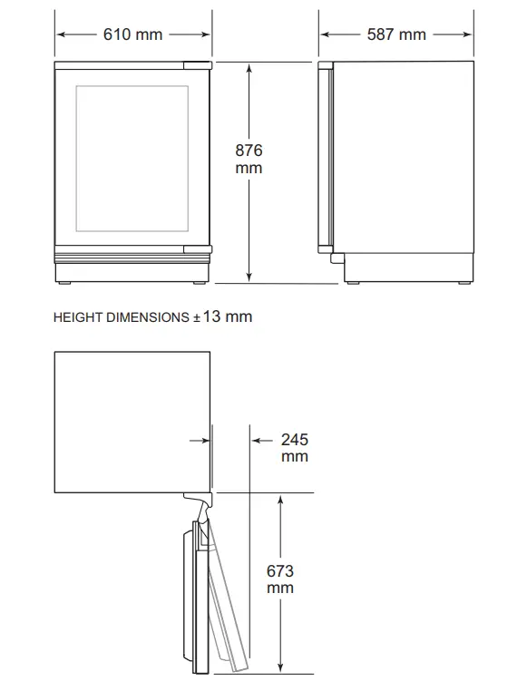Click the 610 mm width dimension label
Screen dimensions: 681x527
click(x=133, y=34)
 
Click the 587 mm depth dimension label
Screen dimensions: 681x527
click(x=396, y=34)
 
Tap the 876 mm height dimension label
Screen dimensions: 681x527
click(x=249, y=160)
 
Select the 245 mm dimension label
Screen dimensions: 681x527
click(x=294, y=448)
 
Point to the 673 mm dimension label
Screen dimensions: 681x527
click(x=281, y=580)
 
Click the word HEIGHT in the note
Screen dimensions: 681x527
click(x=78, y=317)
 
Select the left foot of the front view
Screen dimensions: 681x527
click(x=65, y=283)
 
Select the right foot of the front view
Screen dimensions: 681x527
click(x=201, y=283)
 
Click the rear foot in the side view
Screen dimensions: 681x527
click(x=464, y=283)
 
